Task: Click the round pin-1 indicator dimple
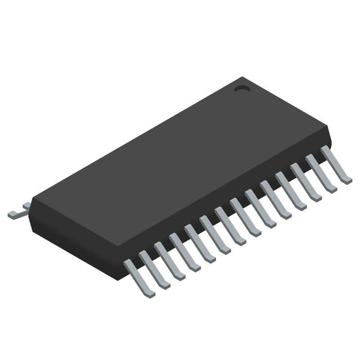coord(243,89)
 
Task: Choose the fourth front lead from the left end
coord(184,252)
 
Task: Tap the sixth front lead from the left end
coord(215,234)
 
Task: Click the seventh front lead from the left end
coord(230,225)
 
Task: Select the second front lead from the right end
coord(321,173)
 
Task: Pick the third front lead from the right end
coord(306,182)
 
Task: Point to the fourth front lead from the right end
coord(290,191)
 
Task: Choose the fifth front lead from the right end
coord(275,199)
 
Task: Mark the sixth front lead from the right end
coord(260,208)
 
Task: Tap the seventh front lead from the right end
coord(245,217)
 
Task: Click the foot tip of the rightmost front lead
coord(347,180)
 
